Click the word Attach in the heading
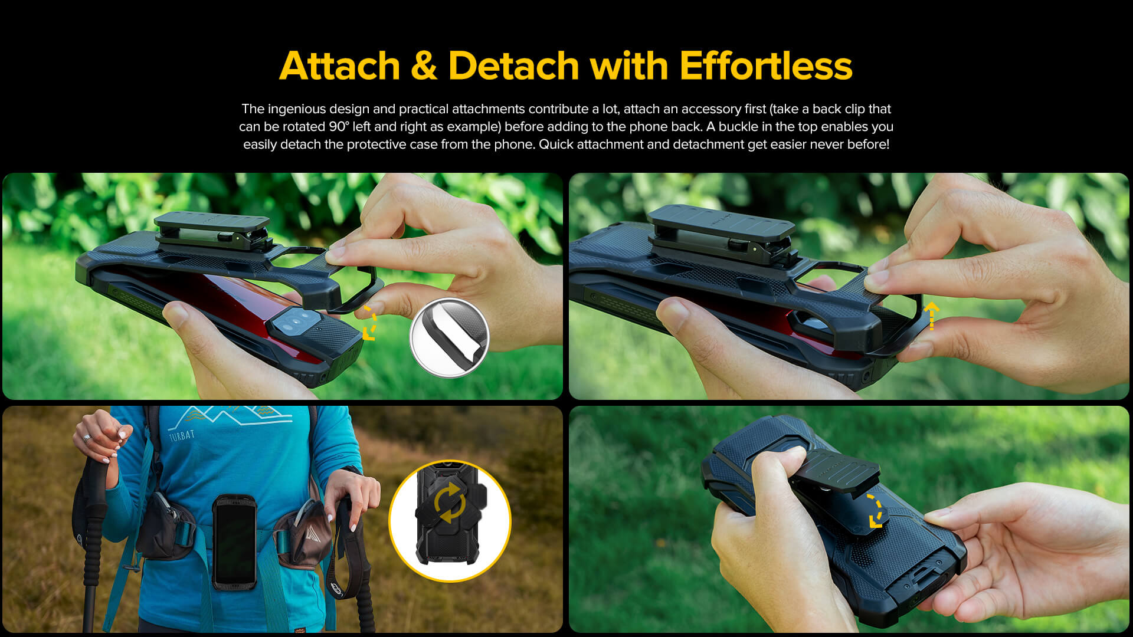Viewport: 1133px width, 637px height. (x=340, y=65)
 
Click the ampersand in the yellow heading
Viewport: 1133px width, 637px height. (x=424, y=65)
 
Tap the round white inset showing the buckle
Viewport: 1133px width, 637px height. (x=450, y=337)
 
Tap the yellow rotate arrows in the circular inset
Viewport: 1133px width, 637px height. (x=450, y=503)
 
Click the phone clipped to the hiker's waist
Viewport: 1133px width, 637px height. (x=234, y=541)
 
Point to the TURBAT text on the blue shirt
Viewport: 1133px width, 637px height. (x=182, y=436)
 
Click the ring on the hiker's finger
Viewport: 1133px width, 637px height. (x=87, y=438)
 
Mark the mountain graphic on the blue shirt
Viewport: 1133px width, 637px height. (x=230, y=416)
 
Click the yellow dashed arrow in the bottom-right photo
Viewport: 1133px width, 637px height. (x=876, y=511)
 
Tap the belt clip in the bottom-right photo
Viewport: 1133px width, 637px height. (x=832, y=478)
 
